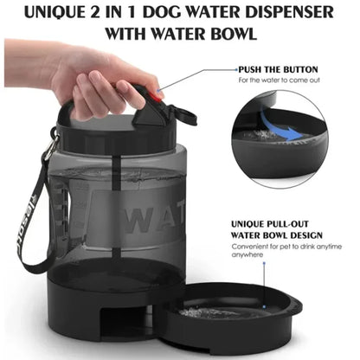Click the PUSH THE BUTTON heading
click(x=278, y=68)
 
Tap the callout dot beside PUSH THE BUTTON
click(x=235, y=68)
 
